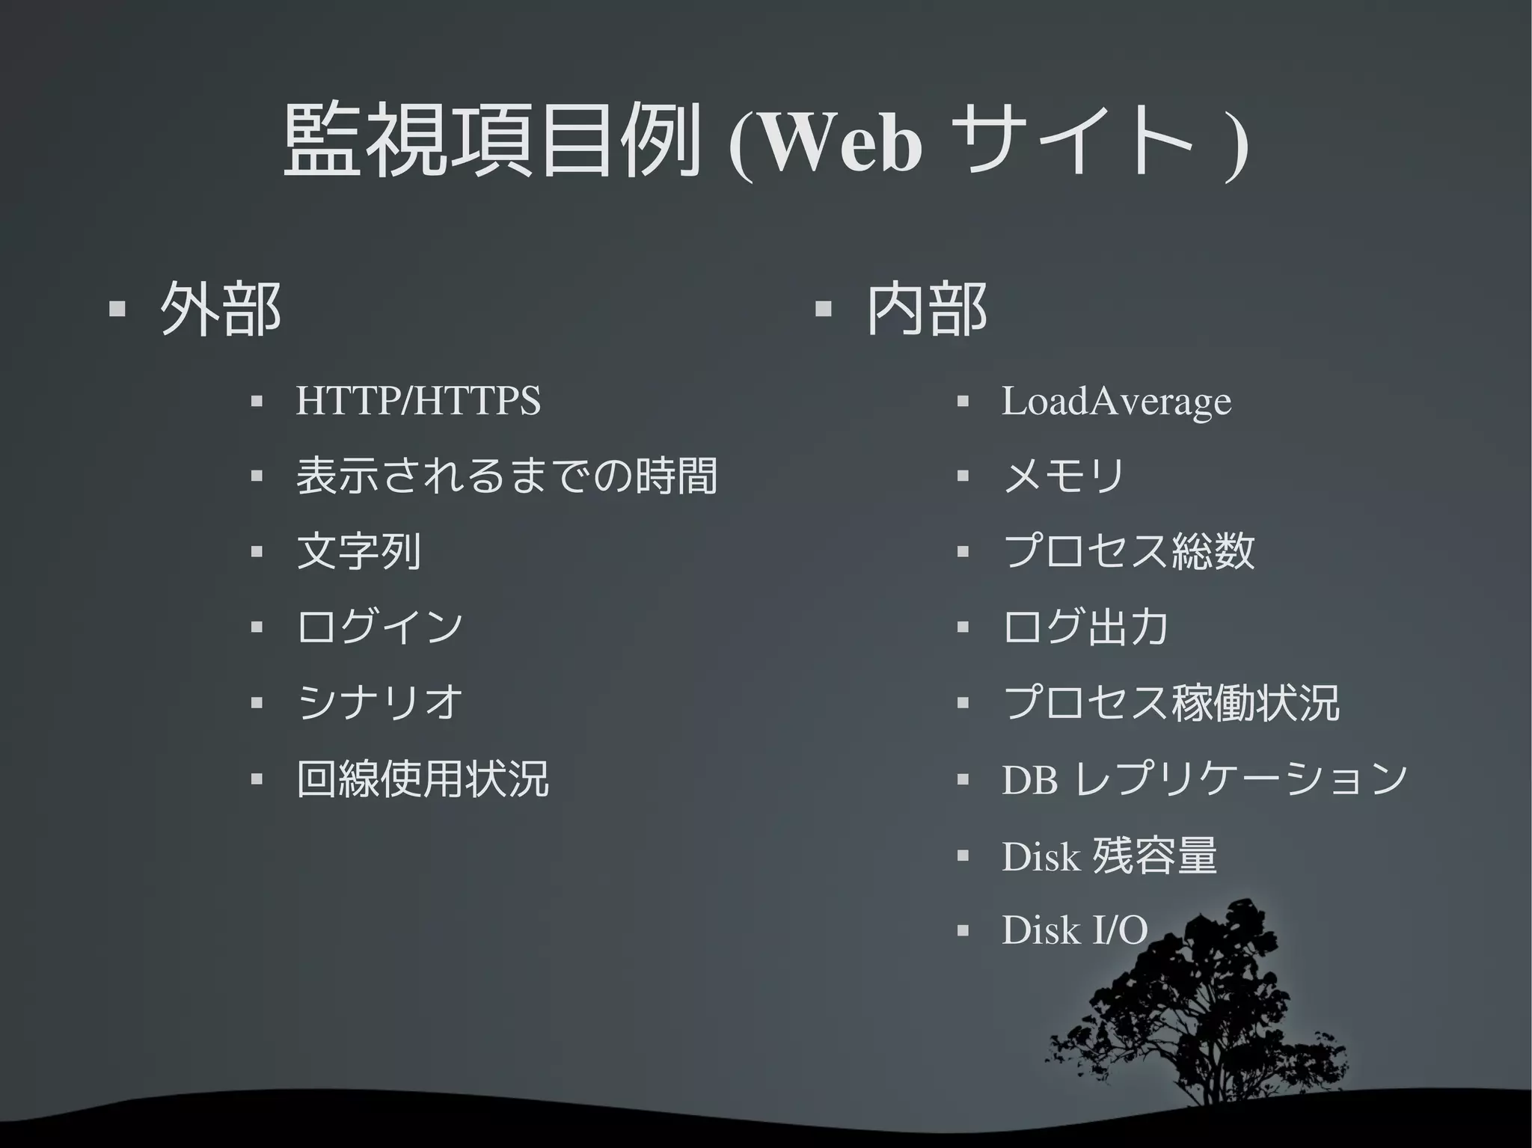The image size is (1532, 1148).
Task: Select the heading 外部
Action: click(x=220, y=310)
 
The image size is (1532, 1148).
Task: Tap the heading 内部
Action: click(x=926, y=310)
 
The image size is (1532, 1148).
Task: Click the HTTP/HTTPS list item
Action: click(x=417, y=401)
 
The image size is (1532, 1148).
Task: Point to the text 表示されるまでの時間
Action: click(x=506, y=476)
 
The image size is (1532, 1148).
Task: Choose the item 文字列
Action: click(x=358, y=552)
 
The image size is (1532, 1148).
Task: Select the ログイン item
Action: click(x=379, y=627)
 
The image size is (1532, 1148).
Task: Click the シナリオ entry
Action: click(x=379, y=703)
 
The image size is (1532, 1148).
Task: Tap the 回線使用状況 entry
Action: click(x=423, y=779)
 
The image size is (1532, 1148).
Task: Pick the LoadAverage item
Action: click(x=1115, y=402)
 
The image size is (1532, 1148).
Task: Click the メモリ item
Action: click(x=1063, y=476)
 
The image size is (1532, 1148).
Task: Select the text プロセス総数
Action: click(x=1128, y=552)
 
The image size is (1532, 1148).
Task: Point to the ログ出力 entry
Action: click(x=1085, y=627)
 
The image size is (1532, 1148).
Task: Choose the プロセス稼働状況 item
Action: click(x=1171, y=703)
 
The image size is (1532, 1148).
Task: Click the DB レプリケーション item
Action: click(x=1204, y=779)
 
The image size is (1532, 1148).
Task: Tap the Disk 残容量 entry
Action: click(x=1109, y=856)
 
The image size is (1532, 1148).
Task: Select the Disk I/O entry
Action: click(x=1074, y=930)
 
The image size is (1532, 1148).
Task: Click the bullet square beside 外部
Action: click(x=116, y=310)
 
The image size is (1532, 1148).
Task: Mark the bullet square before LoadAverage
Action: click(x=963, y=402)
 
